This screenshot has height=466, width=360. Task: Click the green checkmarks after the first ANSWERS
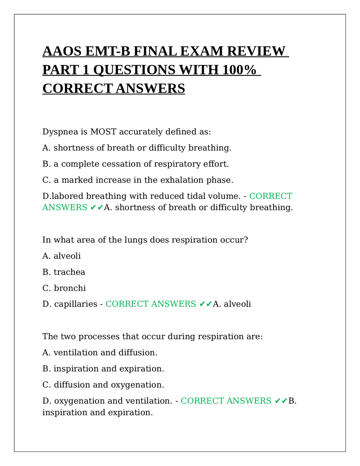(x=96, y=208)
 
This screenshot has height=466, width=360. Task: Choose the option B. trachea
(x=64, y=272)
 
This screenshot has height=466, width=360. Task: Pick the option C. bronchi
(x=64, y=288)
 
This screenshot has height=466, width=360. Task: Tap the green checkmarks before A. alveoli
(x=205, y=304)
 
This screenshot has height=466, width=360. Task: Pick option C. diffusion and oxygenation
(x=103, y=385)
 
